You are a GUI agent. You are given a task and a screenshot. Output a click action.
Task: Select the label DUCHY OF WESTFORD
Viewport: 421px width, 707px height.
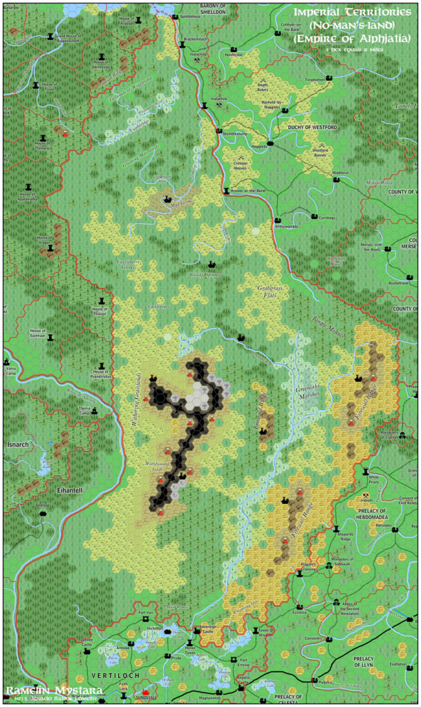coord(312,128)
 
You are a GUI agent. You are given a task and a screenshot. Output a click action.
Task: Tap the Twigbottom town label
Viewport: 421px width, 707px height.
coord(315,79)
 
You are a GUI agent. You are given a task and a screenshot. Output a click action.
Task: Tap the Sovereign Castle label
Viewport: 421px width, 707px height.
coord(205,631)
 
